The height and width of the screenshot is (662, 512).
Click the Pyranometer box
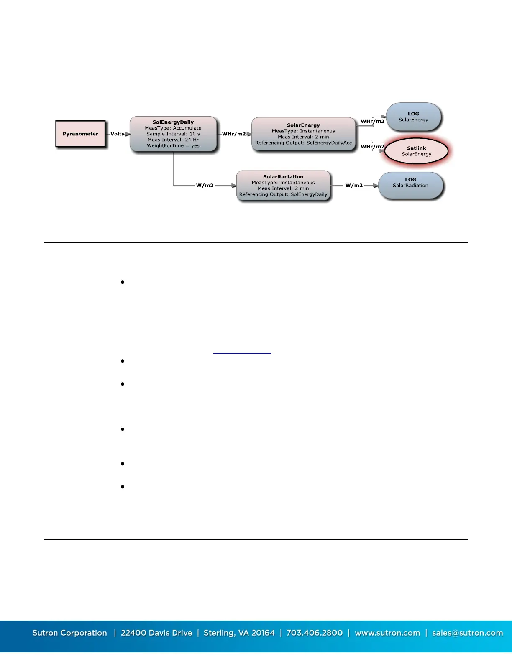[80, 134]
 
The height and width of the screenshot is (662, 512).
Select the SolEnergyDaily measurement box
[173, 134]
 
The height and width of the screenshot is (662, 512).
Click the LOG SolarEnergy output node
[413, 117]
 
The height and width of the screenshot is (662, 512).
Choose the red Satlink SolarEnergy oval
[416, 151]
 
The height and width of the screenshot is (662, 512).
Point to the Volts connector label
[117, 134]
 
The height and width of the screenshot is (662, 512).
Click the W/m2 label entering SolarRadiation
[205, 186]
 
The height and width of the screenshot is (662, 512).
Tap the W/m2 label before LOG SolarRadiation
[354, 186]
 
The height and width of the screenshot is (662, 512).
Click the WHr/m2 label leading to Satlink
[372, 147]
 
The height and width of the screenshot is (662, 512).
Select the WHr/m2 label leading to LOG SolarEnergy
[372, 122]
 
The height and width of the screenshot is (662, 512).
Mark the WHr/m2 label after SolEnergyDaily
[234, 134]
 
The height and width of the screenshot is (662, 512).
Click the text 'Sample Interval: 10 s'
[173, 134]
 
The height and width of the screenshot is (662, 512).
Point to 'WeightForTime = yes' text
[173, 146]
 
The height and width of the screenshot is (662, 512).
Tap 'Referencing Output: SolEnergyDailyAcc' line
[303, 143]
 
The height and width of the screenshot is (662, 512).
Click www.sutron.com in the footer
[387, 633]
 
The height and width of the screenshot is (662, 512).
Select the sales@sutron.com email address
[467, 633]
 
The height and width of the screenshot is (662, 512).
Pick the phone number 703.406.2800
[314, 633]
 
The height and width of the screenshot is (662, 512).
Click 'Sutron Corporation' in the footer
[70, 633]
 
